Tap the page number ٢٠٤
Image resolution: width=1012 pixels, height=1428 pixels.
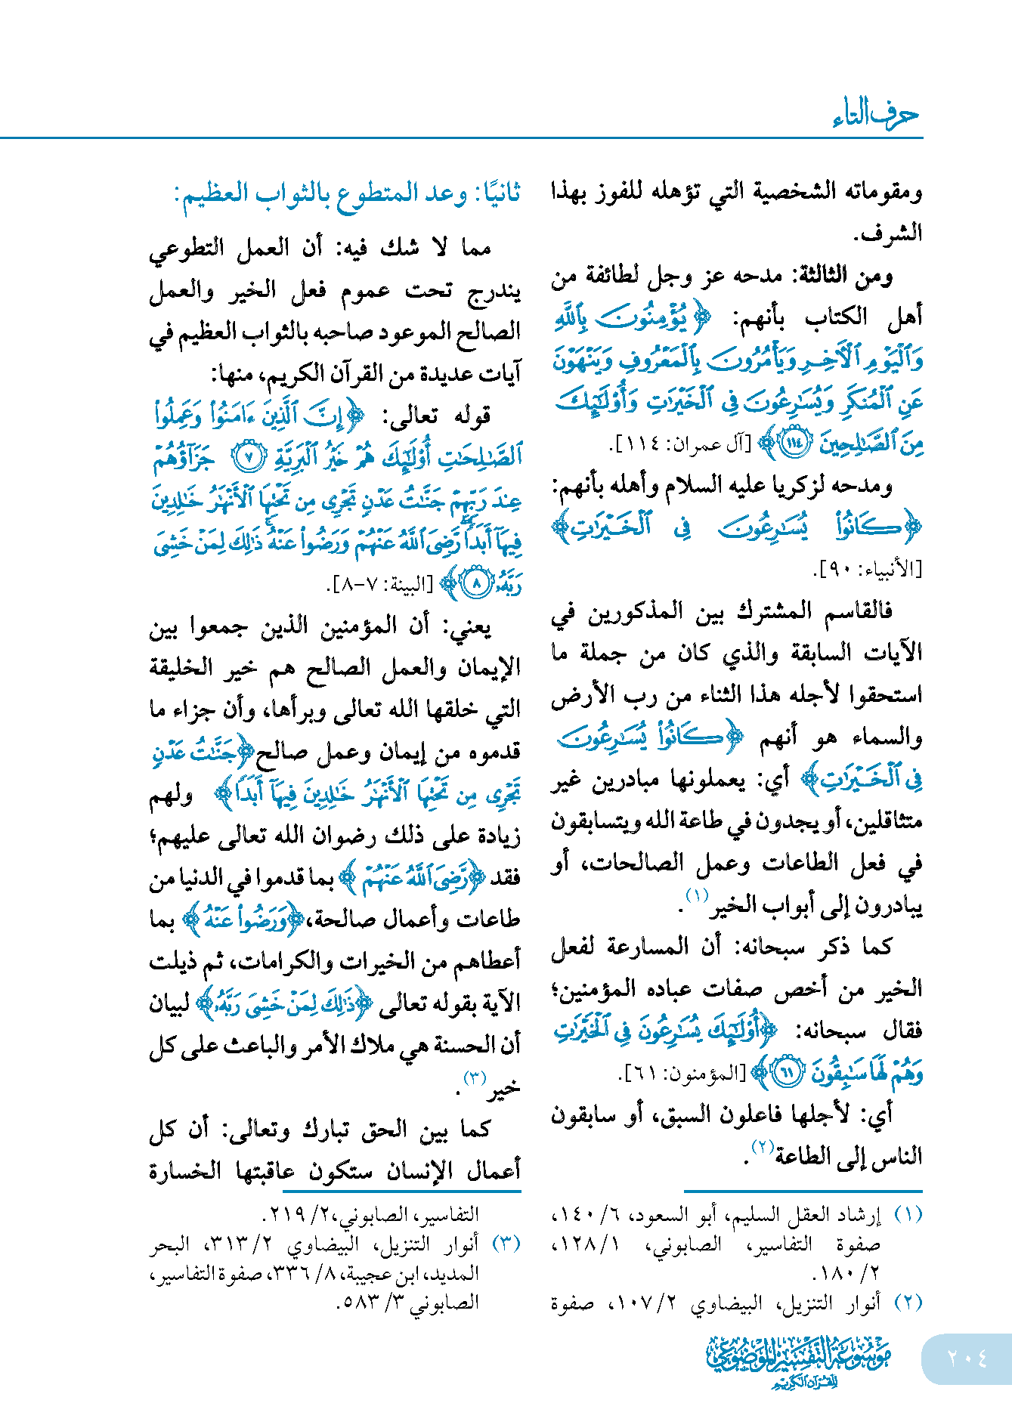point(967,1358)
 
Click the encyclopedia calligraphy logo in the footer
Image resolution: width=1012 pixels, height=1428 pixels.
point(799,1361)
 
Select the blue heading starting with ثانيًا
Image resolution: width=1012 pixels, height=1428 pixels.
point(348,194)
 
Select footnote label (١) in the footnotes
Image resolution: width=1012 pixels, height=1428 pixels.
point(908,1215)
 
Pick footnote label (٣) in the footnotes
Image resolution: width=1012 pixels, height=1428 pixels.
point(506,1244)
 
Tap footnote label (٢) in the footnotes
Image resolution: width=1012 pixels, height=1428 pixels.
point(908,1303)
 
